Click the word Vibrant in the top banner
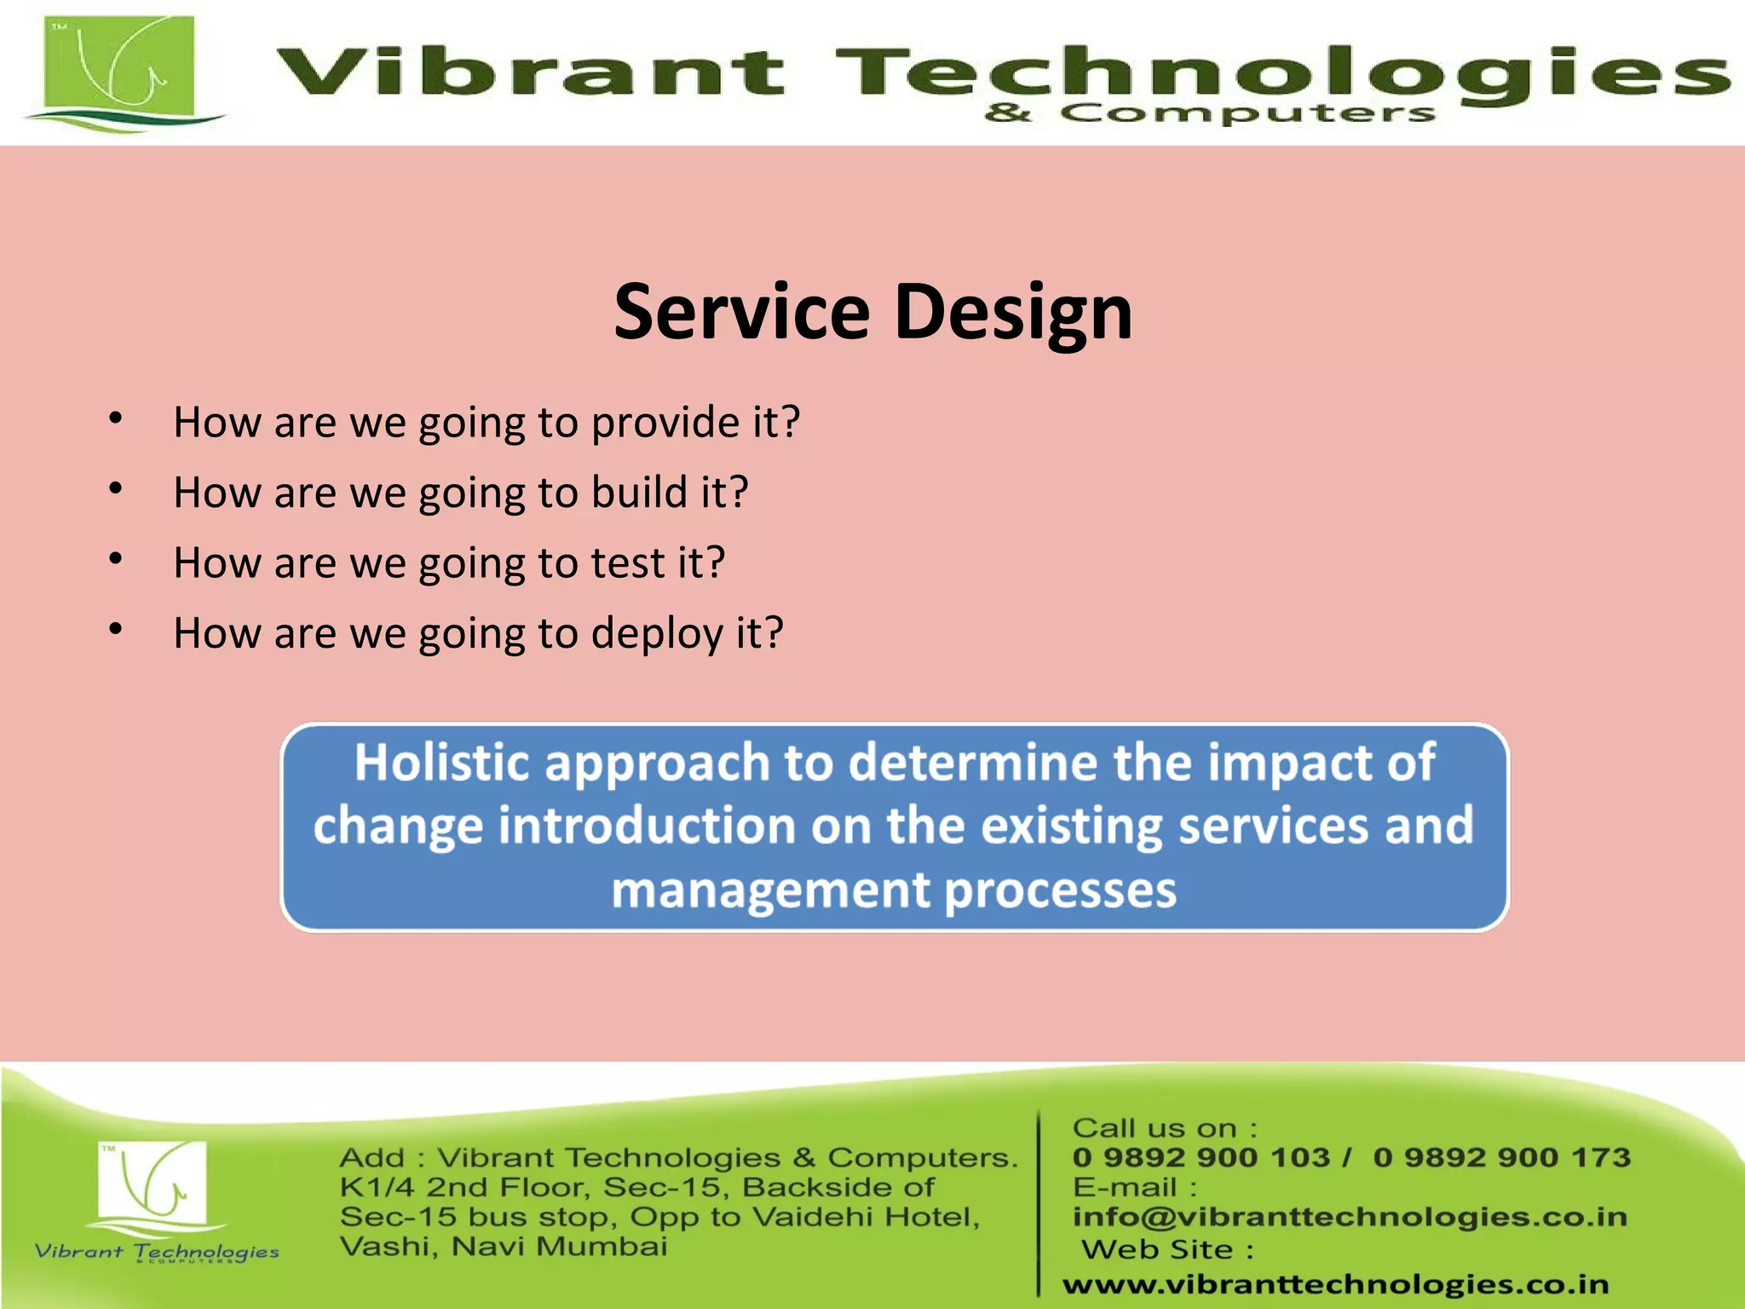(528, 72)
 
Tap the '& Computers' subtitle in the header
(1210, 113)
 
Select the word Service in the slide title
(741, 312)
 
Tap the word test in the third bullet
(628, 563)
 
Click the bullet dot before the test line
(117, 559)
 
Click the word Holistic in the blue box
(442, 762)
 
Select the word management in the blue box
(770, 891)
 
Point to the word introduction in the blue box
(647, 826)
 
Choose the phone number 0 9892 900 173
(1501, 1157)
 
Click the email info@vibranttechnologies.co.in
(1350, 1217)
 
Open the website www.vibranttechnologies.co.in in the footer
(1335, 1284)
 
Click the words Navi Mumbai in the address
(559, 1247)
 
